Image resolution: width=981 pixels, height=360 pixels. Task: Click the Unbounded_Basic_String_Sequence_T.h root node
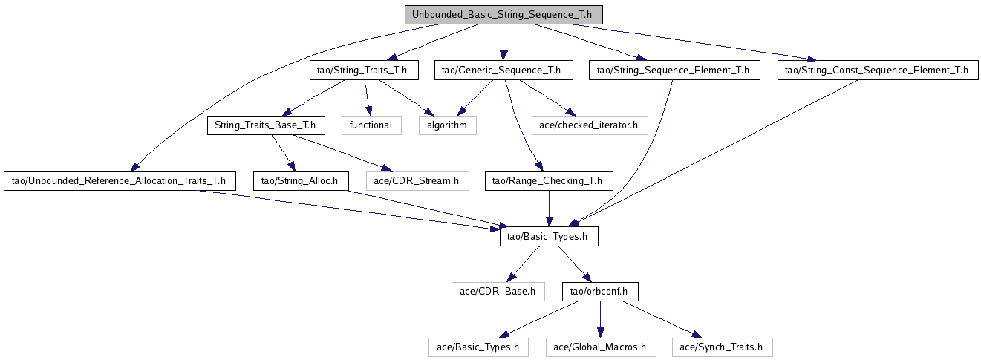[503, 15]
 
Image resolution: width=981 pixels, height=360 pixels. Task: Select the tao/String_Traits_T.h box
[364, 71]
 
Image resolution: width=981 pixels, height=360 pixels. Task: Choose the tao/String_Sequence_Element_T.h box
[674, 71]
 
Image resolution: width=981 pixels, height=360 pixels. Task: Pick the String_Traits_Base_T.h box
[265, 125]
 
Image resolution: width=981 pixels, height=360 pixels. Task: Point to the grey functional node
[371, 125]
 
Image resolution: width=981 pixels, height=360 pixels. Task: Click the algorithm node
[446, 125]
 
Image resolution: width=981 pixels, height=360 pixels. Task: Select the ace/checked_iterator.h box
[590, 125]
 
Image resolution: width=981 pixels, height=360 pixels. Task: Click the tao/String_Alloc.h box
[301, 180]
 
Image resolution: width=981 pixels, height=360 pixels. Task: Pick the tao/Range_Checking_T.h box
[549, 180]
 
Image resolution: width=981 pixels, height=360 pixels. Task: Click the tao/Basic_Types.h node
[548, 236]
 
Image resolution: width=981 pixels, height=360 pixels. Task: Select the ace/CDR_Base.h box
[498, 291]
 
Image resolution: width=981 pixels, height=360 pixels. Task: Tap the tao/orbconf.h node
[599, 291]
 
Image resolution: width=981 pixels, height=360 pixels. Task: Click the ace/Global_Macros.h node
[601, 347]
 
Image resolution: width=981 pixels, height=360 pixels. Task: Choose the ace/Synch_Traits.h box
[722, 347]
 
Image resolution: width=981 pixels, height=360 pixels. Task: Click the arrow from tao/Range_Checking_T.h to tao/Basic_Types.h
[549, 209]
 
